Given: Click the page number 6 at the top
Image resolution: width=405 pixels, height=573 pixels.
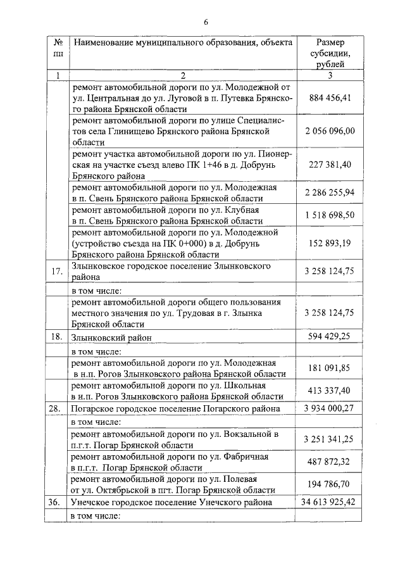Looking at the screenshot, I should pyautogui.click(x=206, y=23).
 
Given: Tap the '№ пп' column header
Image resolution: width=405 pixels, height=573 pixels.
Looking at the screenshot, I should pyautogui.click(x=57, y=53).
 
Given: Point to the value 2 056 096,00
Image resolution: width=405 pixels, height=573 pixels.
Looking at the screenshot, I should pyautogui.click(x=329, y=131).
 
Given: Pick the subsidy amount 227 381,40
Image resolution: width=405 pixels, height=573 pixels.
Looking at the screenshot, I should pyautogui.click(x=329, y=164).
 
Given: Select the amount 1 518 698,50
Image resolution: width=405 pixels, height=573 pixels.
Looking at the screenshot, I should pyautogui.click(x=329, y=215).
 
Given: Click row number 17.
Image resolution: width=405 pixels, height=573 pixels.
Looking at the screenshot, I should pyautogui.click(x=57, y=272).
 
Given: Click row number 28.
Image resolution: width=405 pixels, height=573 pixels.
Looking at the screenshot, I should pyautogui.click(x=57, y=409).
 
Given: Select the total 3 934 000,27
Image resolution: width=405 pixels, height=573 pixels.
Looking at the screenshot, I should pyautogui.click(x=329, y=409).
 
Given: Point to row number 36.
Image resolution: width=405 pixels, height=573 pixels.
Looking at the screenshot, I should pyautogui.click(x=57, y=502).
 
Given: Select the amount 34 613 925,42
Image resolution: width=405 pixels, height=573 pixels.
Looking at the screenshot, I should pyautogui.click(x=329, y=502).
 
